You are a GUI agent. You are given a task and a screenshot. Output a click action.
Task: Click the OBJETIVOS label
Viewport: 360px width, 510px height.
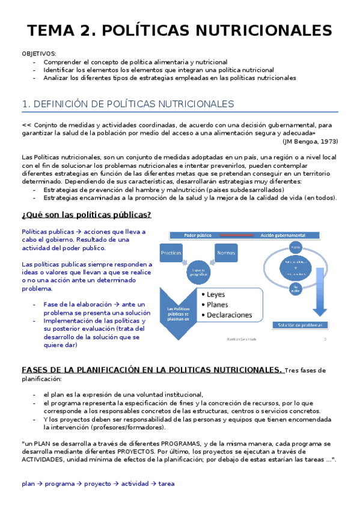[38, 54]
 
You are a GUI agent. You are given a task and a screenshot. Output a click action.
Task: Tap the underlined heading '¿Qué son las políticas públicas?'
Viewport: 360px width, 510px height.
[86, 215]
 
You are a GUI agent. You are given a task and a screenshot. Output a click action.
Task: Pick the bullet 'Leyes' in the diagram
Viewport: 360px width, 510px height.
[216, 295]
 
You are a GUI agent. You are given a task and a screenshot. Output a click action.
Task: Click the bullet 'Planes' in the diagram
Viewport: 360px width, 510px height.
[219, 304]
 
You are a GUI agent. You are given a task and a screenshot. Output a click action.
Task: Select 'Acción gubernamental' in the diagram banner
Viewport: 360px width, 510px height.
[291, 235]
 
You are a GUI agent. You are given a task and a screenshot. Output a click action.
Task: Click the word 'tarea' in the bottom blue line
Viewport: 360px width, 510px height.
[166, 483]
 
